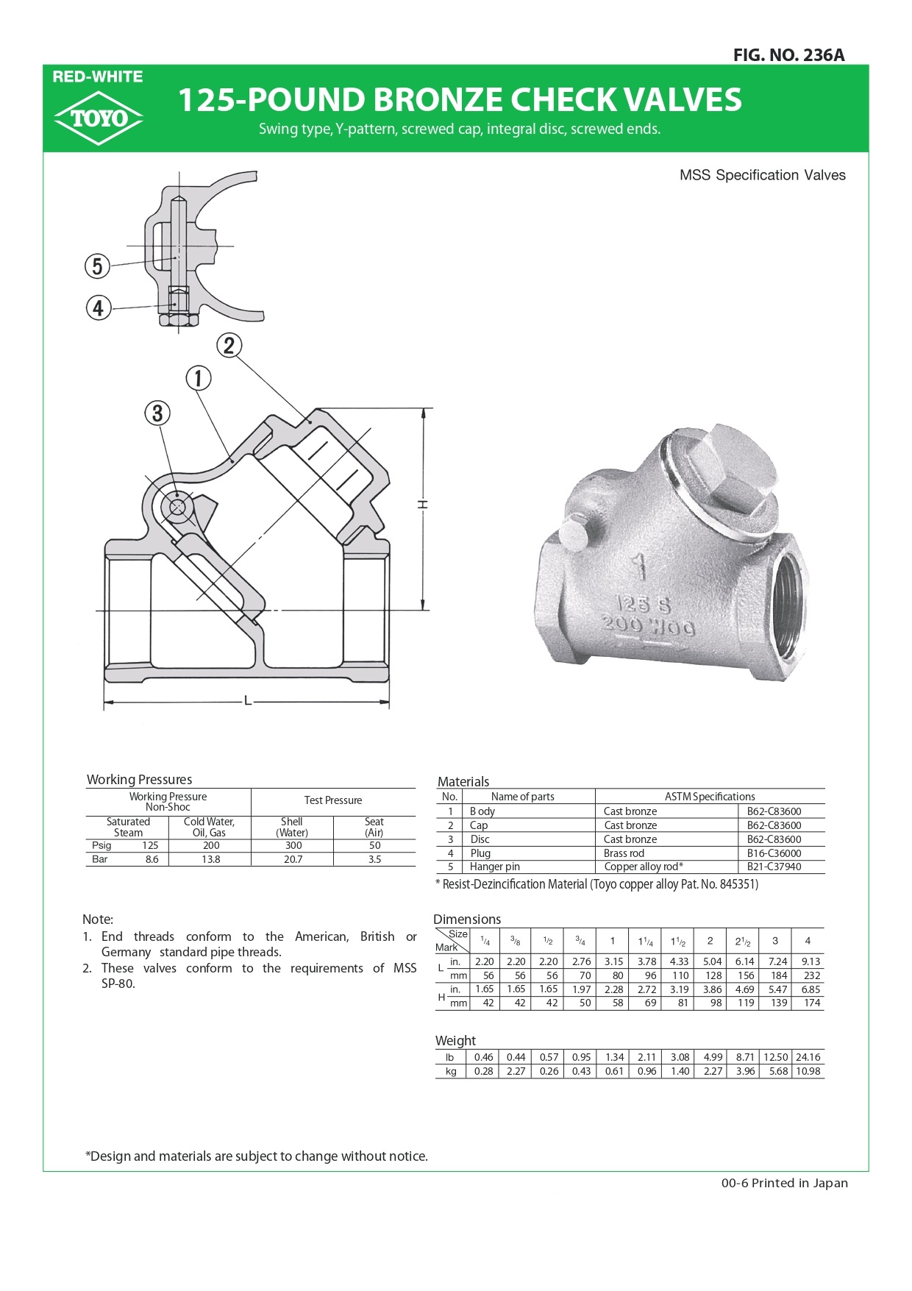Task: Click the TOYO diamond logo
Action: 98,118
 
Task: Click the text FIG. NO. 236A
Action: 788,55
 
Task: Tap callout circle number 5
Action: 97,266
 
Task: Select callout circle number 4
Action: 98,307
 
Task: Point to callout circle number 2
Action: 229,345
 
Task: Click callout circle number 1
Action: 198,378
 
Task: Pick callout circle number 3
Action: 157,413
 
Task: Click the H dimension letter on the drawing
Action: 423,505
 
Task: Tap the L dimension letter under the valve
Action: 248,702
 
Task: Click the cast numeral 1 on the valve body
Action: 639,567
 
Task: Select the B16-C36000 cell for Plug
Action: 774,853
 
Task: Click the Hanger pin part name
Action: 494,867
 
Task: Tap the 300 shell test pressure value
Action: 293,846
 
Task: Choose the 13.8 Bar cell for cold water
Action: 210,859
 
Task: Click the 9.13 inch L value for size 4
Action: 811,961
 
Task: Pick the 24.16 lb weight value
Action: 808,1057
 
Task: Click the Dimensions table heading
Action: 466,920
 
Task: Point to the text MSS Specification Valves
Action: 762,175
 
